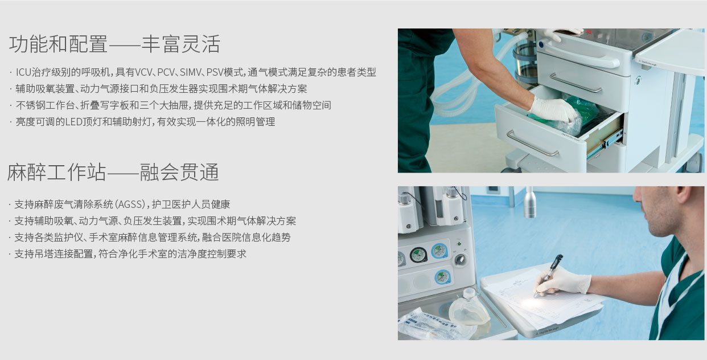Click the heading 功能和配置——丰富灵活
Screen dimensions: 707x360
pos(114,44)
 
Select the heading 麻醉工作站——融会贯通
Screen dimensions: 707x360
pos(113,173)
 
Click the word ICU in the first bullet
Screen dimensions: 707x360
pos(24,72)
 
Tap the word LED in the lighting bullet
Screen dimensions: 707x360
pos(73,121)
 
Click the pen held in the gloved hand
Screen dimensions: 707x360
pos(549,275)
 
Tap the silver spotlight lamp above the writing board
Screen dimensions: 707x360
pos(530,202)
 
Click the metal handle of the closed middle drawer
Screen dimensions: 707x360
pos(576,83)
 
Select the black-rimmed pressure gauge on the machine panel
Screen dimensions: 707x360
pos(418,255)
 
